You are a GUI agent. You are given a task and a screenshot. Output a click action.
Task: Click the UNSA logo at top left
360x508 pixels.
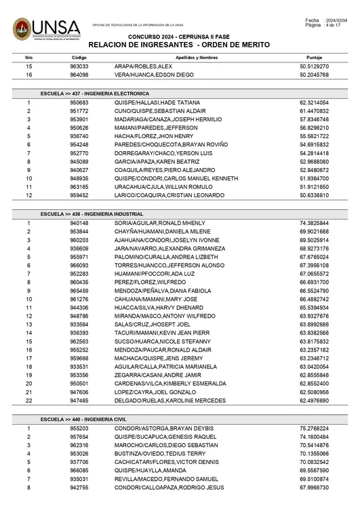(x=45, y=30)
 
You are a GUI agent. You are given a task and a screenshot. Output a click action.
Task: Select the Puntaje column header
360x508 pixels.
(x=314, y=58)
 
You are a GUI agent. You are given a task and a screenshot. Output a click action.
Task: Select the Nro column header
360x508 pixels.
(x=28, y=58)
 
